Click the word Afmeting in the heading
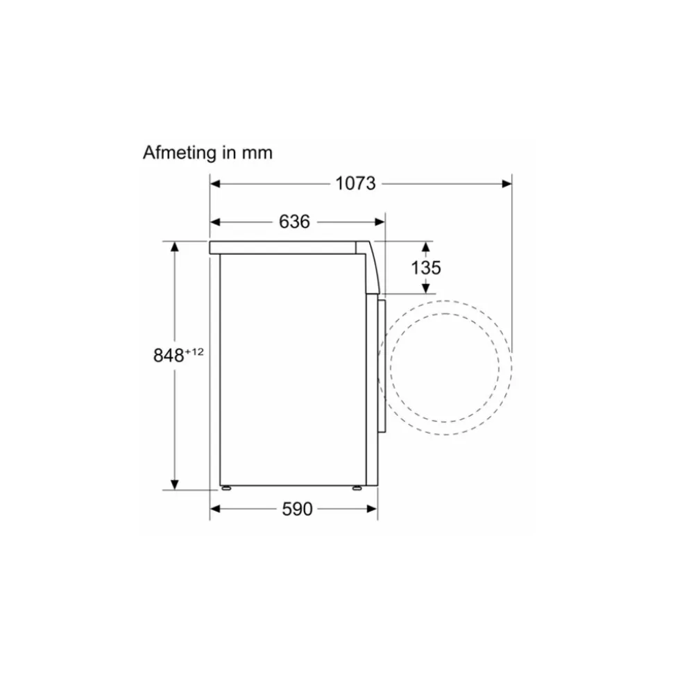pyautogui.click(x=180, y=153)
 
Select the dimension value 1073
pyautogui.click(x=355, y=183)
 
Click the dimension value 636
pyautogui.click(x=294, y=222)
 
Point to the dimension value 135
pyautogui.click(x=426, y=268)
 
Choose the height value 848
pyautogui.click(x=169, y=355)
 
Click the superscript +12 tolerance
pyautogui.click(x=194, y=352)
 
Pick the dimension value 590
pyautogui.click(x=297, y=509)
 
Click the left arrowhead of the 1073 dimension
pyautogui.click(x=215, y=184)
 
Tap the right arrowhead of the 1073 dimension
pyautogui.click(x=507, y=184)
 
